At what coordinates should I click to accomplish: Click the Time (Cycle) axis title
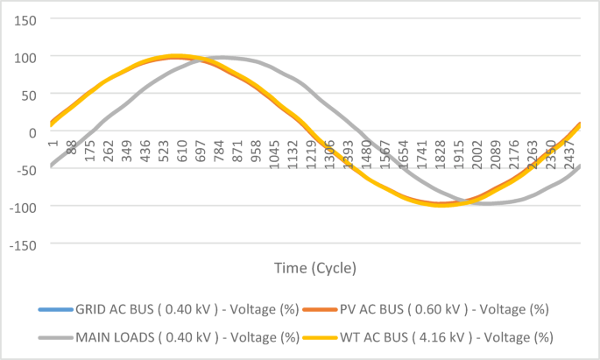(315, 266)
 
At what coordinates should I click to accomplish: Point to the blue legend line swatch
(53, 309)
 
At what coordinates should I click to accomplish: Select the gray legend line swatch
(53, 336)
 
